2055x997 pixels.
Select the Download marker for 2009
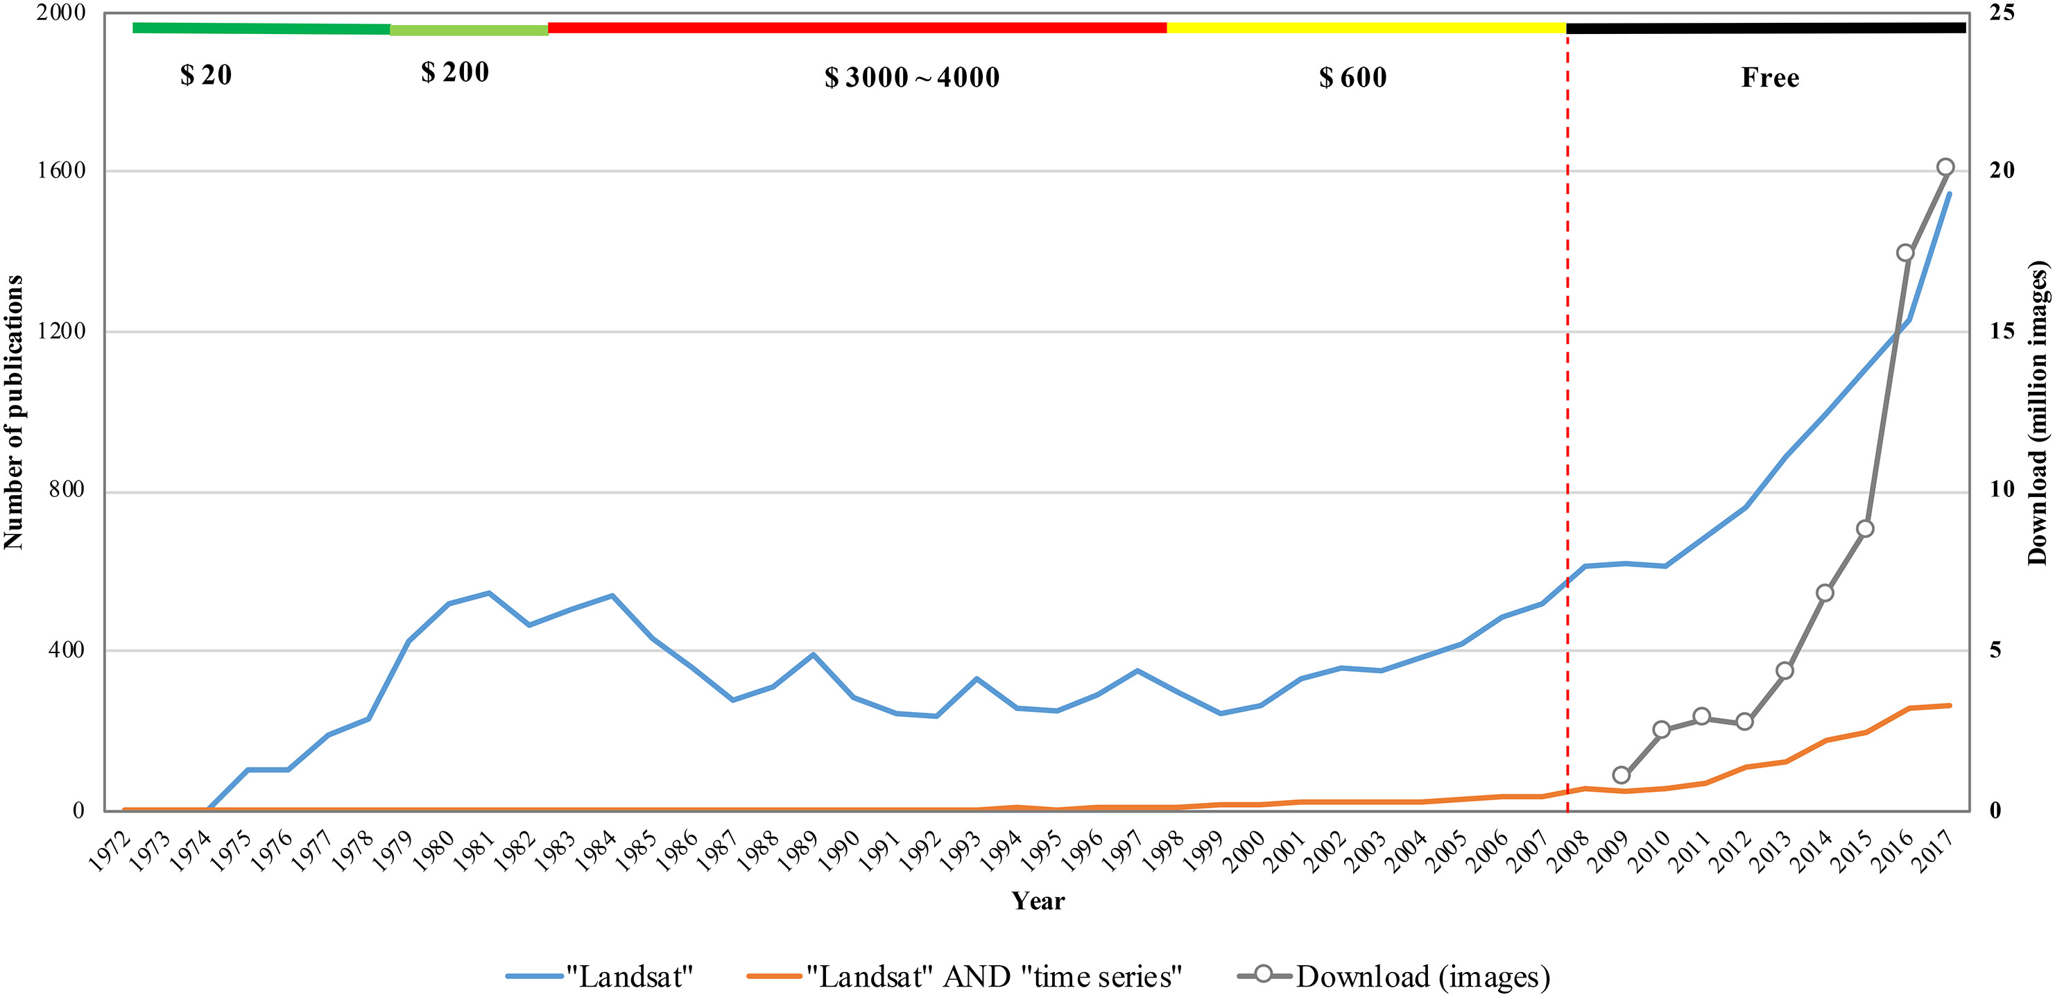tap(1621, 775)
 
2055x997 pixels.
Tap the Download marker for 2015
tap(1865, 529)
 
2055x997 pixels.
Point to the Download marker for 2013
tap(1785, 670)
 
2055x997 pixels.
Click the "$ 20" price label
tap(206, 75)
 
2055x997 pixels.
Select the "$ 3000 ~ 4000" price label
tap(912, 78)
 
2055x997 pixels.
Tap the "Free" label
tap(1769, 78)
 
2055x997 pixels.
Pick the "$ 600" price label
tap(1353, 78)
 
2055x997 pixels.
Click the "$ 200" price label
tap(455, 73)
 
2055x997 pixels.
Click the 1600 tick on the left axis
tap(62, 170)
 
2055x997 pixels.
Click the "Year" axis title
tap(1038, 901)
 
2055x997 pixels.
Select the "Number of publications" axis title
tap(14, 412)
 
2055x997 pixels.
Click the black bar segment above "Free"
tap(1765, 28)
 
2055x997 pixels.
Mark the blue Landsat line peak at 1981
tap(488, 593)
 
